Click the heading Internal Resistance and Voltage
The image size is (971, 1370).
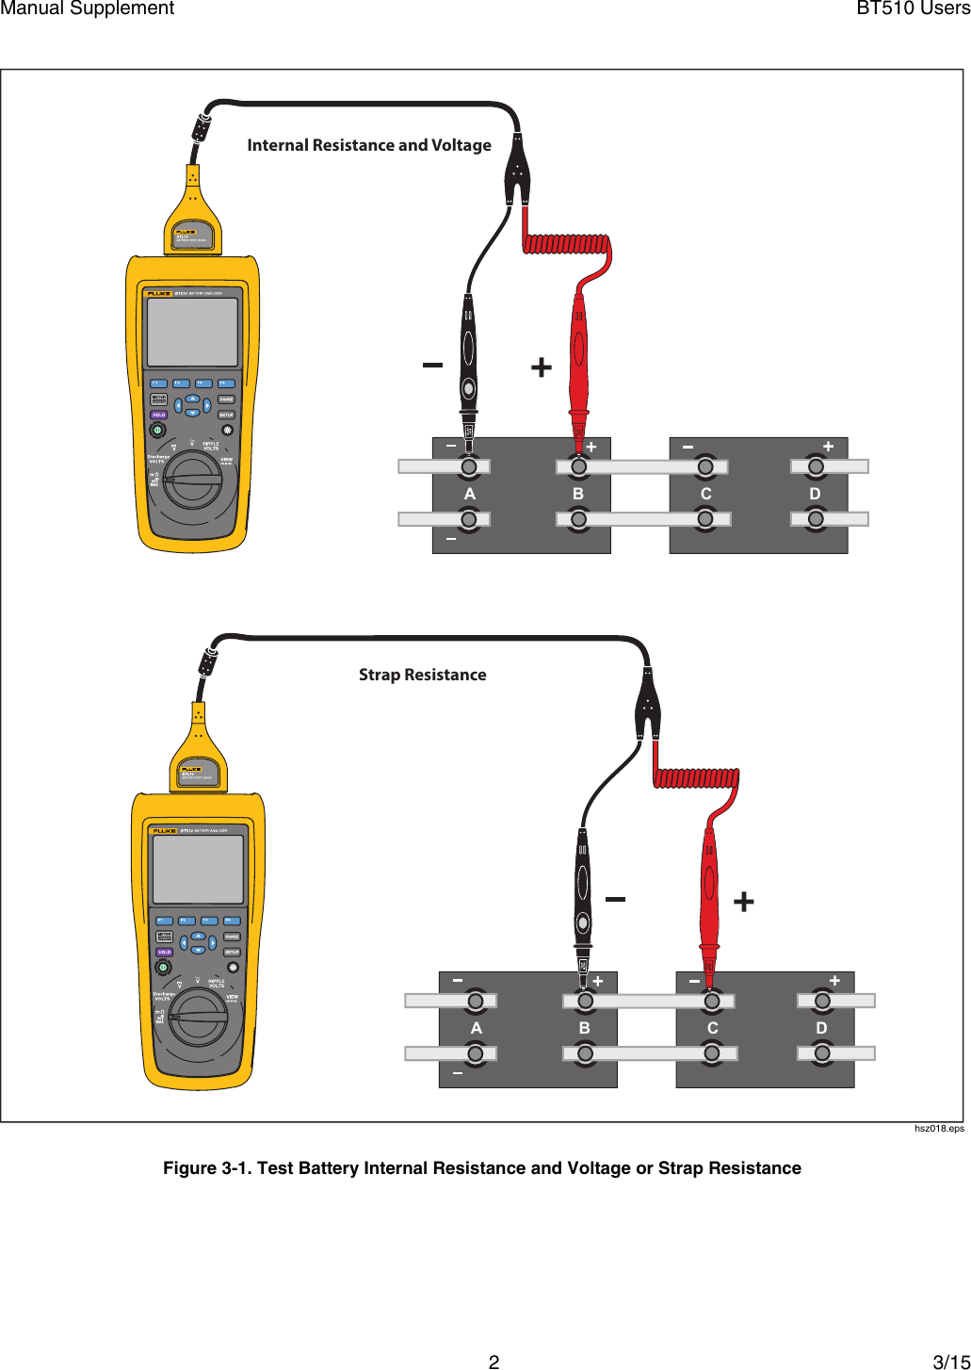click(369, 145)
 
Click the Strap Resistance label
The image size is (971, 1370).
click(422, 675)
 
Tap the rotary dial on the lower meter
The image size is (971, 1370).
click(199, 1018)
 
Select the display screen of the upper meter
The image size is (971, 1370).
click(193, 333)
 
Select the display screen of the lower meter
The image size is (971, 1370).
click(199, 870)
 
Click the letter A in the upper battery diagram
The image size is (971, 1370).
click(469, 494)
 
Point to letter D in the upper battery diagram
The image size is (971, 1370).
click(815, 494)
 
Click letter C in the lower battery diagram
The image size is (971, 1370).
click(712, 1028)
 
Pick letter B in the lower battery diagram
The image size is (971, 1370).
click(585, 1028)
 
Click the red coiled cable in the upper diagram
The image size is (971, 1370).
click(565, 245)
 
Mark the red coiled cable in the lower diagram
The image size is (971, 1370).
click(696, 778)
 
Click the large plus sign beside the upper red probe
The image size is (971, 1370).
click(542, 367)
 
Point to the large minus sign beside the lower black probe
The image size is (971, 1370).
click(615, 899)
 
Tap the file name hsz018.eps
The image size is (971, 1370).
click(939, 1128)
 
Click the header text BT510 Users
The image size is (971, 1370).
click(913, 8)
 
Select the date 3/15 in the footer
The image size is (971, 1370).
click(950, 1362)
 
